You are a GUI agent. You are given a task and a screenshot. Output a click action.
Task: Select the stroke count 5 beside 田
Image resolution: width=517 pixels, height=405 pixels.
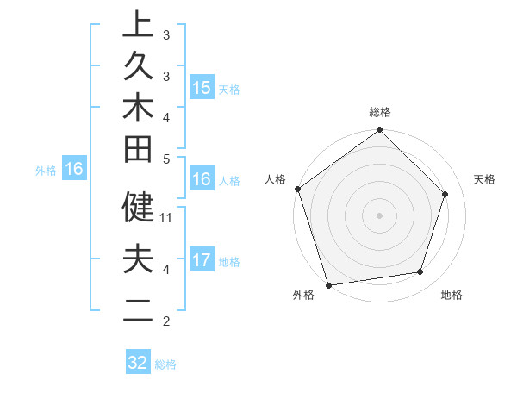pyautogui.click(x=166, y=159)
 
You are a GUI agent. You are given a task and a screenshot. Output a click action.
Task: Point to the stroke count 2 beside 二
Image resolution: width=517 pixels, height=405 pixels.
pyautogui.click(x=166, y=321)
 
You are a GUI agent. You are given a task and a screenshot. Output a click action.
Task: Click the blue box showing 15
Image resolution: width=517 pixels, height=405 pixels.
pyautogui.click(x=202, y=87)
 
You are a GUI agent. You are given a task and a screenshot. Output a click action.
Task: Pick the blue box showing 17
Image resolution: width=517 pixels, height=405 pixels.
pyautogui.click(x=202, y=260)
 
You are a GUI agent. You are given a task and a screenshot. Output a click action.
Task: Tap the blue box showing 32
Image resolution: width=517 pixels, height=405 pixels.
pyautogui.click(x=138, y=363)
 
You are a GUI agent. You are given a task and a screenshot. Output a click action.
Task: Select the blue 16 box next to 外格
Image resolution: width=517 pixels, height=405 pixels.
pyautogui.click(x=74, y=170)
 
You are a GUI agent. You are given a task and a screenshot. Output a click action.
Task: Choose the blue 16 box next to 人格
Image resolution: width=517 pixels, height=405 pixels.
pyautogui.click(x=202, y=180)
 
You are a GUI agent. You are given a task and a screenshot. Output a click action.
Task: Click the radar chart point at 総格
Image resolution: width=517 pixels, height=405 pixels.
pyautogui.click(x=379, y=131)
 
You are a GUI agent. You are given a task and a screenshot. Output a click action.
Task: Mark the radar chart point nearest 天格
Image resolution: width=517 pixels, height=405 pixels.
pyautogui.click(x=445, y=194)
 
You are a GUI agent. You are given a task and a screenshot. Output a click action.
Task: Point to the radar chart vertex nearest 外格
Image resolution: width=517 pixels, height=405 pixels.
pyautogui.click(x=328, y=284)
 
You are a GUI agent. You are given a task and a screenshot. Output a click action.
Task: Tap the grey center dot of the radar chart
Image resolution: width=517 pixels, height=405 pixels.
pyautogui.click(x=379, y=215)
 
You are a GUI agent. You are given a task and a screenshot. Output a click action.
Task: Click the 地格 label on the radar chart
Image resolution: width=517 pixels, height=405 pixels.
pyautogui.click(x=452, y=296)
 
